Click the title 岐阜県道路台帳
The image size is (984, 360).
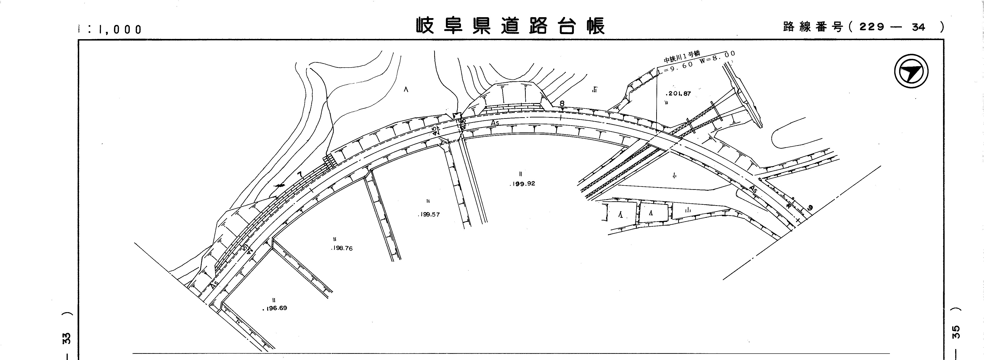[510, 26]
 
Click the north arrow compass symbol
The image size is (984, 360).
[911, 72]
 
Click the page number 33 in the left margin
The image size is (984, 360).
[67, 338]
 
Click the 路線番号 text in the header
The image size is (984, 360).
[813, 27]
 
